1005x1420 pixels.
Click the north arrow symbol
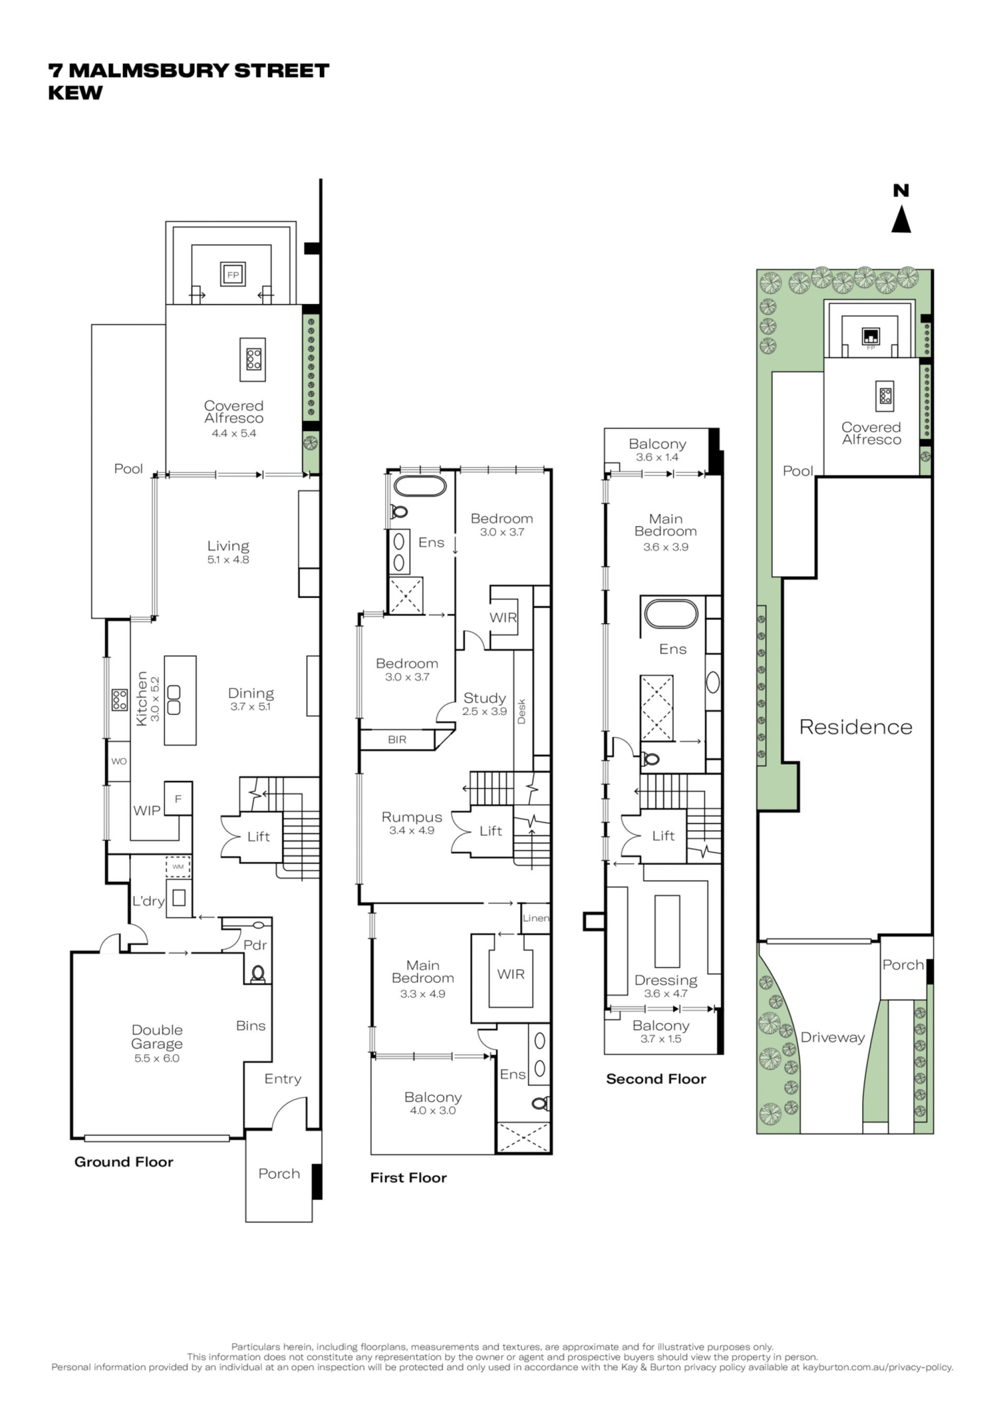pyautogui.click(x=901, y=220)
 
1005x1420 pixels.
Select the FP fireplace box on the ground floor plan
pyautogui.click(x=233, y=275)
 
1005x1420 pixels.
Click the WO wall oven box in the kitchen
pyautogui.click(x=119, y=762)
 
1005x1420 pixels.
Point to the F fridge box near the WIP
pyautogui.click(x=177, y=799)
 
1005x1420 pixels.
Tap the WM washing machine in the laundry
pyautogui.click(x=177, y=867)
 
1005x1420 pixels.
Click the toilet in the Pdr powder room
pyautogui.click(x=258, y=974)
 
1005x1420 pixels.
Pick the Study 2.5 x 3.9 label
pyautogui.click(x=485, y=705)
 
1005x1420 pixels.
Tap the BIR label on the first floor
pyautogui.click(x=397, y=740)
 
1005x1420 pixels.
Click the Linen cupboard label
pyautogui.click(x=536, y=918)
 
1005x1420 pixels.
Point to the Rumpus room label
pyautogui.click(x=412, y=824)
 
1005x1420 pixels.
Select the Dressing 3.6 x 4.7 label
pyautogui.click(x=666, y=987)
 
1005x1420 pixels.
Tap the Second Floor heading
pyautogui.click(x=656, y=1079)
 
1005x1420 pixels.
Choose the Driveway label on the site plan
pyautogui.click(x=832, y=1038)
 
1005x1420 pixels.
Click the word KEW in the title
pyautogui.click(x=75, y=93)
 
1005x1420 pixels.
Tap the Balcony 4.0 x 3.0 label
pyautogui.click(x=433, y=1104)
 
